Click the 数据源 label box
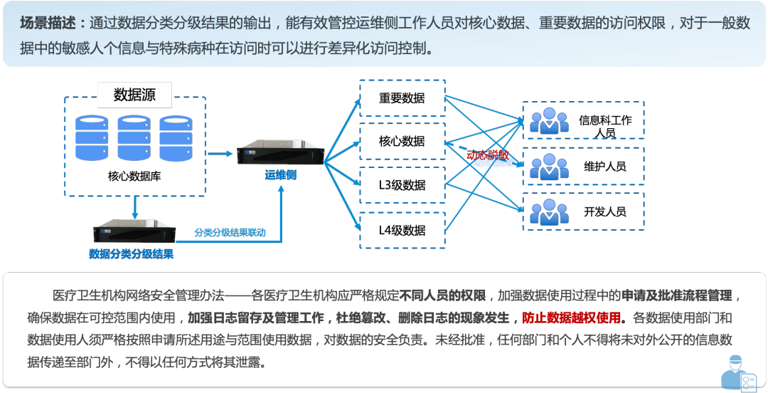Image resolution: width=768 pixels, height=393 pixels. (134, 94)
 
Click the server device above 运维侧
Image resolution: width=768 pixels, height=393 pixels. (280, 155)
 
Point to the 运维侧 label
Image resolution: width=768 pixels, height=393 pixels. (280, 175)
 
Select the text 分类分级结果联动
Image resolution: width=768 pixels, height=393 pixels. (230, 232)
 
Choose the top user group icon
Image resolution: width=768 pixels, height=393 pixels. (549, 120)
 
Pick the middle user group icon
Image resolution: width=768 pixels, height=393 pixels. (549, 167)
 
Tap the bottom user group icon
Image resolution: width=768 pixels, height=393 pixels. (549, 211)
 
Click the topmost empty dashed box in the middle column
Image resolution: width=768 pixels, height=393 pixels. (402, 98)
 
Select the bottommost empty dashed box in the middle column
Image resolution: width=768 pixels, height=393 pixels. (402, 230)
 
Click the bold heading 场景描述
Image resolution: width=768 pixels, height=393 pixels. (50, 23)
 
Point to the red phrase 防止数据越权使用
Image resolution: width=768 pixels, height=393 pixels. (571, 318)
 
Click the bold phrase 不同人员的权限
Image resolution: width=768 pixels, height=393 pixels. (442, 295)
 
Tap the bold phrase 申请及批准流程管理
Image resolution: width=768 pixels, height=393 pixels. (676, 295)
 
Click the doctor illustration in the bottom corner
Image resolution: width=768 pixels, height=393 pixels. (737, 371)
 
